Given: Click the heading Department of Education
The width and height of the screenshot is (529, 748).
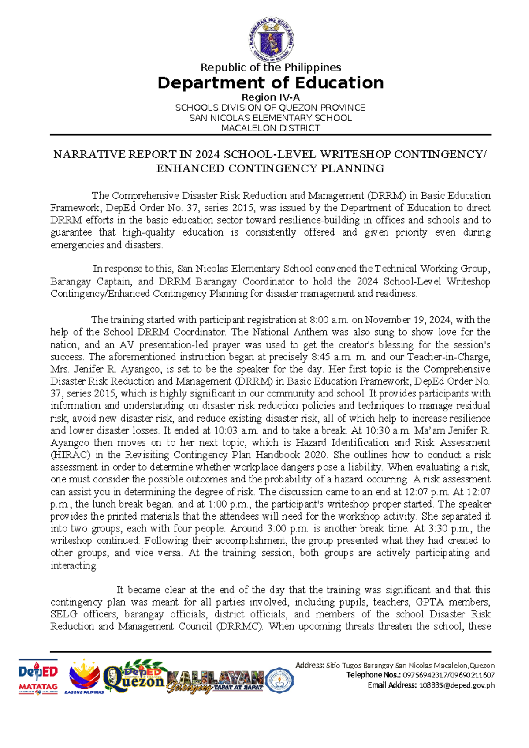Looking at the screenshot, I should point(270,82).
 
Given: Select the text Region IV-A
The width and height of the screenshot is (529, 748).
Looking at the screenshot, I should point(271,97).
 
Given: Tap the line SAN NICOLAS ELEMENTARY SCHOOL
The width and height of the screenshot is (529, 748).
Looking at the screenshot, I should point(270,118).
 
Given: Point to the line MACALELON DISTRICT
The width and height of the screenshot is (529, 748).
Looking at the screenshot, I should point(270,128).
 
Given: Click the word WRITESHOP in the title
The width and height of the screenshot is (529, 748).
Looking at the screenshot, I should point(355,154).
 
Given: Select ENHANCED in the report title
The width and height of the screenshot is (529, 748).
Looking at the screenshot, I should point(180,168).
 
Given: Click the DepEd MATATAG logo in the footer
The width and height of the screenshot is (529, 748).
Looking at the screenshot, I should point(38,677).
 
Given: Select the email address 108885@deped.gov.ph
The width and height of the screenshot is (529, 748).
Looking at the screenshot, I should point(456,685).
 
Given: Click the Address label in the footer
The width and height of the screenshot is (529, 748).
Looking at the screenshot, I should point(310,666).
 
